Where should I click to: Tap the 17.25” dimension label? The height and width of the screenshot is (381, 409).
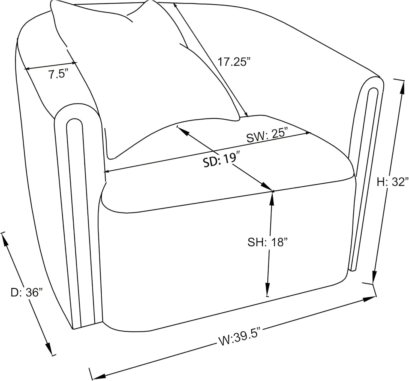(x=234, y=62)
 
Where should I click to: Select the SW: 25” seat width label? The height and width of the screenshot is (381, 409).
(x=267, y=135)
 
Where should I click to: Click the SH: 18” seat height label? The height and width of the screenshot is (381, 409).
(x=267, y=242)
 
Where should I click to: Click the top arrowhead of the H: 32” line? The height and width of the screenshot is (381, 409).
(x=402, y=87)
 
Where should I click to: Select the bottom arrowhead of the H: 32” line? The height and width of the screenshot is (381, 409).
(x=374, y=277)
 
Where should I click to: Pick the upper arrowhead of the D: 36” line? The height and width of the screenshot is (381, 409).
(x=5, y=240)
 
